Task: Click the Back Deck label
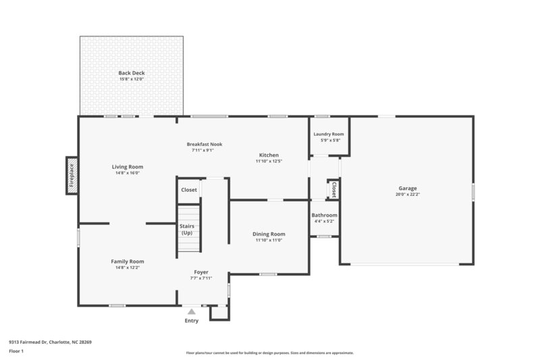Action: [x=132, y=73]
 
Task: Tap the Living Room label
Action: [x=128, y=167]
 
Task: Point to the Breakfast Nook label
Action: [x=205, y=144]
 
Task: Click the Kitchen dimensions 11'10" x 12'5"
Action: [x=269, y=161]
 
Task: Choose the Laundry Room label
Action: [x=329, y=134]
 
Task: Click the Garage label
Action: [x=407, y=188]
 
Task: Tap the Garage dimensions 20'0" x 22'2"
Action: [x=407, y=195]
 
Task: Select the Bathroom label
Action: [x=324, y=215]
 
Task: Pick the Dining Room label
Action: [x=269, y=234]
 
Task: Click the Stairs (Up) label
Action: [x=187, y=230]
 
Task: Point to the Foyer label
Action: [x=201, y=272]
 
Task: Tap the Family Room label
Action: [x=128, y=261]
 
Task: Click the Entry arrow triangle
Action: [x=192, y=312]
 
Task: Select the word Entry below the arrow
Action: [x=192, y=321]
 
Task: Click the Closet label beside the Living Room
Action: [x=189, y=190]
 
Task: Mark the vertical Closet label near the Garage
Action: [x=333, y=189]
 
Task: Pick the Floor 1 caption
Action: [x=16, y=352]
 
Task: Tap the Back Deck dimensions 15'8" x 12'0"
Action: [x=132, y=79]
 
